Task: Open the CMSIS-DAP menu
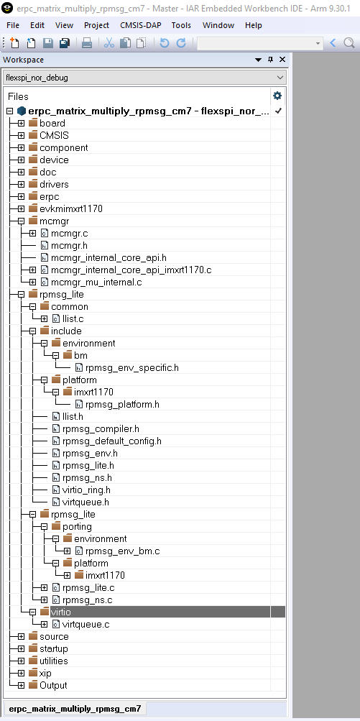[x=141, y=25]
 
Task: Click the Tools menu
[x=181, y=25]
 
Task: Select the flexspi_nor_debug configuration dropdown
[x=144, y=78]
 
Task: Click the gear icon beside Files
[x=277, y=96]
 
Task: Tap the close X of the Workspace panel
[x=282, y=60]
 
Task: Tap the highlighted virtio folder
[x=60, y=612]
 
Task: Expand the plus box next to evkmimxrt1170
[x=21, y=208]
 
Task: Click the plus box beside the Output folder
[x=21, y=686]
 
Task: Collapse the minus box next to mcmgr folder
[x=21, y=221]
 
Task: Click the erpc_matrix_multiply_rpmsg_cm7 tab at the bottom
[x=75, y=709]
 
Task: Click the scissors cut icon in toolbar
[x=109, y=43]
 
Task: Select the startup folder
[x=54, y=649]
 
